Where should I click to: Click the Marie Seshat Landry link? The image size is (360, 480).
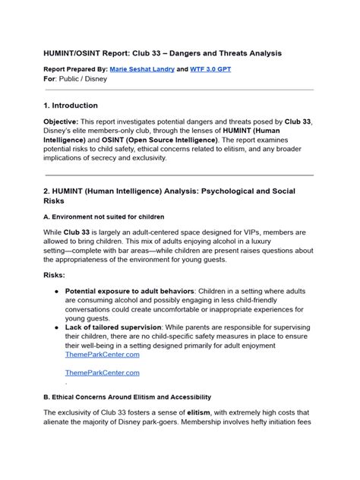(x=152, y=68)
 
